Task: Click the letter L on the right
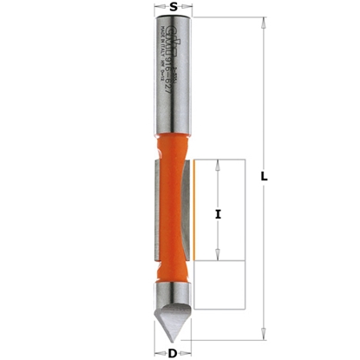pyautogui.click(x=265, y=177)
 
